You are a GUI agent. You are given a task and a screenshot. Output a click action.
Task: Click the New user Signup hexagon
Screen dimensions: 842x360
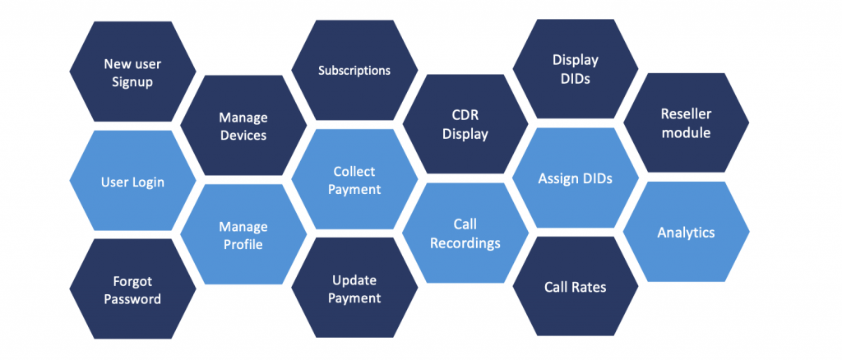(x=132, y=72)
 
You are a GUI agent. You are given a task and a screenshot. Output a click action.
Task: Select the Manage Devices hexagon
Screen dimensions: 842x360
(x=243, y=125)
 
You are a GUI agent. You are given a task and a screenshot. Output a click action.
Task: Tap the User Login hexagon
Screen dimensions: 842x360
(x=132, y=182)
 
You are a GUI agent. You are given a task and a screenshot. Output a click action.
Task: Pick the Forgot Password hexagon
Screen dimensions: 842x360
(x=132, y=289)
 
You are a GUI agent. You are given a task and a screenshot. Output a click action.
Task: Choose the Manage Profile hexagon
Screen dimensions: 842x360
(x=243, y=234)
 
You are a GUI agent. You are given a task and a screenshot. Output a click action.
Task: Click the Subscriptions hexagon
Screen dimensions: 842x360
(x=354, y=71)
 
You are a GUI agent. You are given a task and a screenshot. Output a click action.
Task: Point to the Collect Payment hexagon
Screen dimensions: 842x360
(x=354, y=180)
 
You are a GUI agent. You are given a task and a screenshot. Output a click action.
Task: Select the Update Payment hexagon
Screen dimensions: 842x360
(x=354, y=288)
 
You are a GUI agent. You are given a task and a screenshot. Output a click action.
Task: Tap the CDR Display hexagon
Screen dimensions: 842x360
(x=465, y=124)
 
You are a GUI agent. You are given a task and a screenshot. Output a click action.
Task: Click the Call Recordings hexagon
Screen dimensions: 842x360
(x=465, y=233)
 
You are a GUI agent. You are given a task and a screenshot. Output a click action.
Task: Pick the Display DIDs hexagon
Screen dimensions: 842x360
(x=576, y=69)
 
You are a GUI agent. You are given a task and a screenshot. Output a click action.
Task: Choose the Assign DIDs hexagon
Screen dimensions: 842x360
(x=576, y=178)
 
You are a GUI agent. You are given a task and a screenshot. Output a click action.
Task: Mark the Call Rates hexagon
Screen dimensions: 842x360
(x=576, y=287)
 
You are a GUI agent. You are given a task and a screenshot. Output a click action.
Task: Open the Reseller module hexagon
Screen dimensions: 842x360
(x=687, y=122)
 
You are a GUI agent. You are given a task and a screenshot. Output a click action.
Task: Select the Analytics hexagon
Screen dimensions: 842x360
(x=687, y=232)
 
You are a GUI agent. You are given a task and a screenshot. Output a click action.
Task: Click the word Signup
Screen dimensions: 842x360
(x=132, y=83)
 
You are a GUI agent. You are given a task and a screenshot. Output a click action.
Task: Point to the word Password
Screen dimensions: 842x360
(x=132, y=298)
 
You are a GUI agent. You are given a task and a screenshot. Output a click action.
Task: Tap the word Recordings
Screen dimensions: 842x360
(x=465, y=243)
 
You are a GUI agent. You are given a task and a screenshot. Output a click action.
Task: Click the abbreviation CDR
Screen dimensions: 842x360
(x=465, y=115)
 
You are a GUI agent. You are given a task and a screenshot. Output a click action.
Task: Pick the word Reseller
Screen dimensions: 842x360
(x=687, y=114)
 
